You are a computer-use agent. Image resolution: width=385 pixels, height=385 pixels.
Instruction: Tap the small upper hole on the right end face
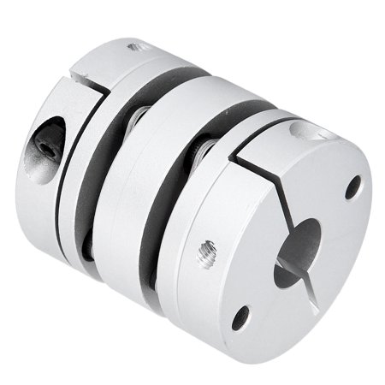tap(352, 187)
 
